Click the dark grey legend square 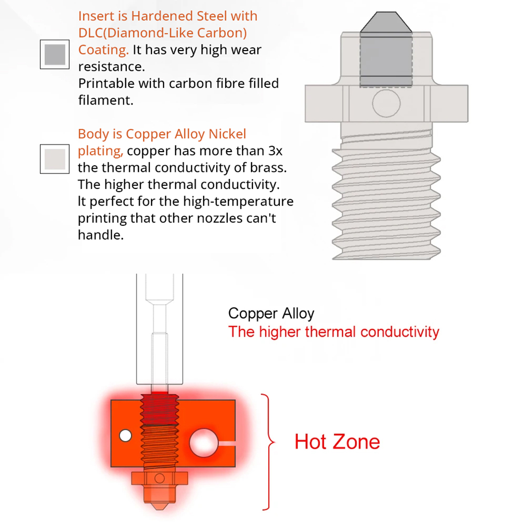[x=55, y=54]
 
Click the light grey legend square [x=55, y=159]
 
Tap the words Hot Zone [x=337, y=442]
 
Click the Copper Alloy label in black [x=271, y=313]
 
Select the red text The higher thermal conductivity [x=334, y=332]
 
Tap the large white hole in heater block [x=204, y=443]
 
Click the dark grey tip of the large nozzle [x=385, y=23]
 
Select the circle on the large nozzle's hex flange [x=386, y=104]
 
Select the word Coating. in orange [x=104, y=50]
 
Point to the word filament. [x=106, y=100]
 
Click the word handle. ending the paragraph [x=100, y=234]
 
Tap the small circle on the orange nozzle [x=160, y=478]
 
